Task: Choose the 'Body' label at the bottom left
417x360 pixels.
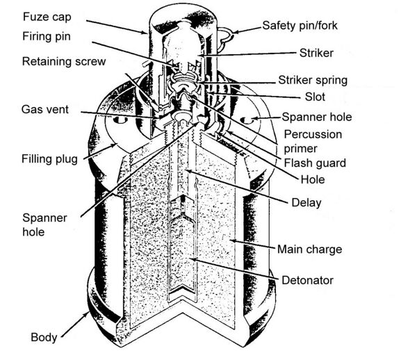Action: coord(43,338)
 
